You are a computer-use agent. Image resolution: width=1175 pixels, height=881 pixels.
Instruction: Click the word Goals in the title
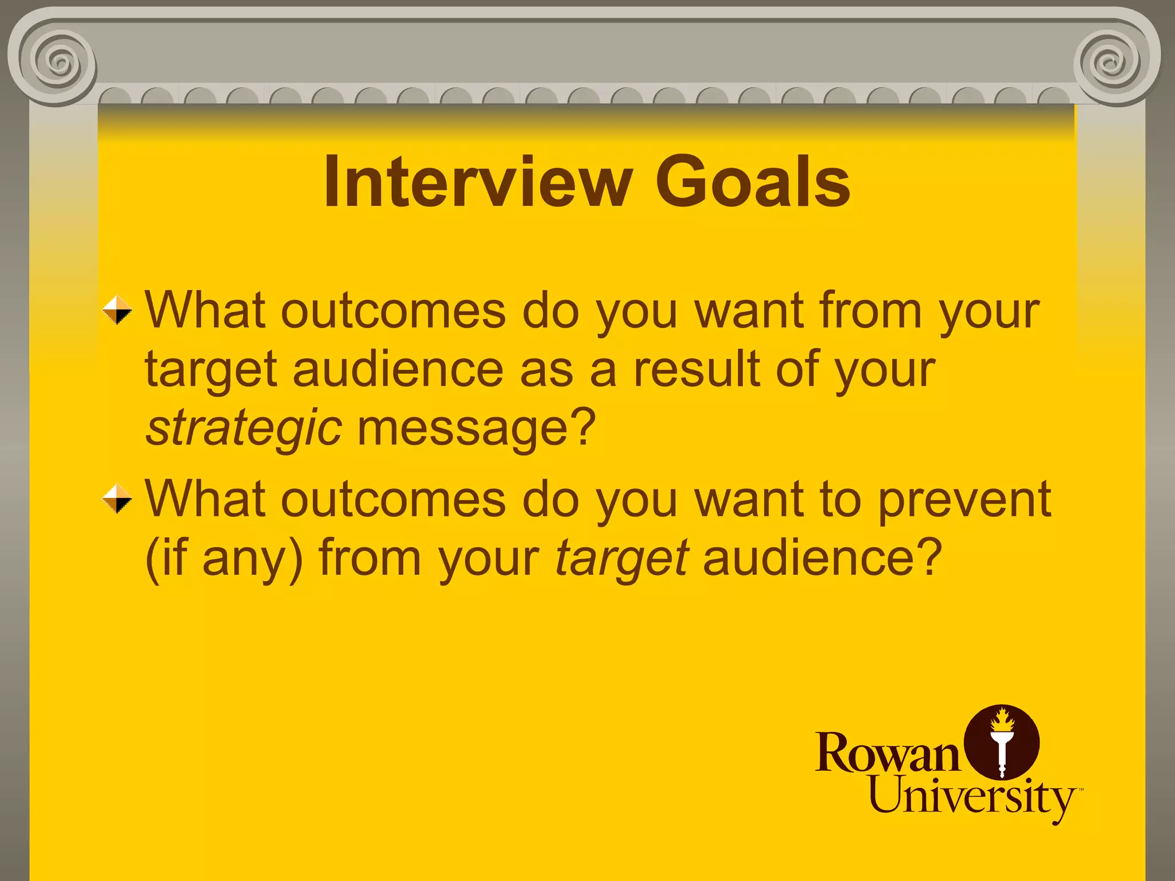[752, 182]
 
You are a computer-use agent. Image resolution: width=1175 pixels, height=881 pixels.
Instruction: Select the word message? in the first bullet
[476, 429]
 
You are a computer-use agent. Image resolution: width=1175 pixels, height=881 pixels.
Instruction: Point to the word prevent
[964, 499]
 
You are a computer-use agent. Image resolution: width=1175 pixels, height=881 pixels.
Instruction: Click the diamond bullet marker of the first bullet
[117, 310]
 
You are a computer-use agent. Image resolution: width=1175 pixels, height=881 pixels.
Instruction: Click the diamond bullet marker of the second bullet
[117, 499]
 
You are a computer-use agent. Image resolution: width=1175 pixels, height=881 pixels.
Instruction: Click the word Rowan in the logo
[887, 753]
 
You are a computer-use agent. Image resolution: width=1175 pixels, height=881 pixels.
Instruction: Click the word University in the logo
[972, 797]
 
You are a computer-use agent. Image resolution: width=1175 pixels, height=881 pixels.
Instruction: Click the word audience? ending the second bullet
[822, 558]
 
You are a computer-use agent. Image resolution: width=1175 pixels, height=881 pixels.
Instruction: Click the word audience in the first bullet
[398, 369]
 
